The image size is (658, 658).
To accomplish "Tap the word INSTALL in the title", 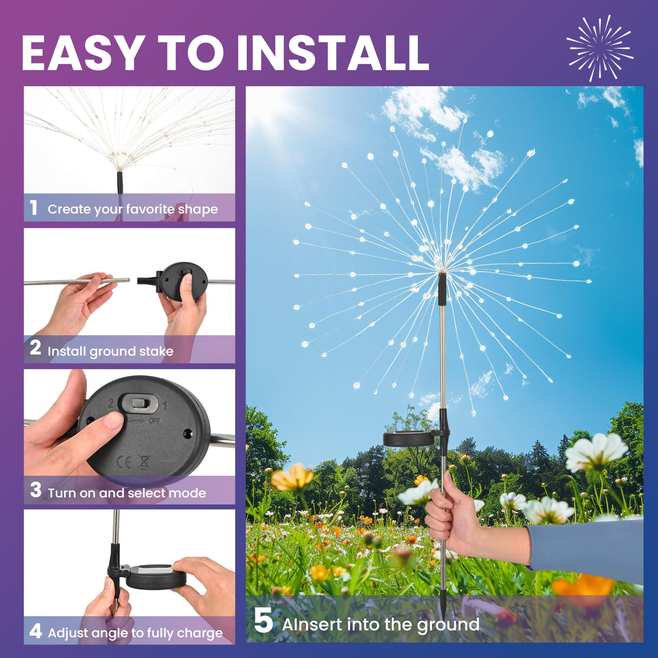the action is [x=333, y=53].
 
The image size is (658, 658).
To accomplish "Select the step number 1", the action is [x=33, y=207].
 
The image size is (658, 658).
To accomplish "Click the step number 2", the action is [x=36, y=348].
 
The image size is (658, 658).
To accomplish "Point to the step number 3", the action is [x=36, y=490].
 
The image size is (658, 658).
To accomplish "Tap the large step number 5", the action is [x=263, y=620].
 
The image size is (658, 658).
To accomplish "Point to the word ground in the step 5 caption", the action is [x=448, y=626].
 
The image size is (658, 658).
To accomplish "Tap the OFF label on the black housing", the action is [x=154, y=421].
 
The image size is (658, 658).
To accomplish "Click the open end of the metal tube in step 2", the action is [x=128, y=280].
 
